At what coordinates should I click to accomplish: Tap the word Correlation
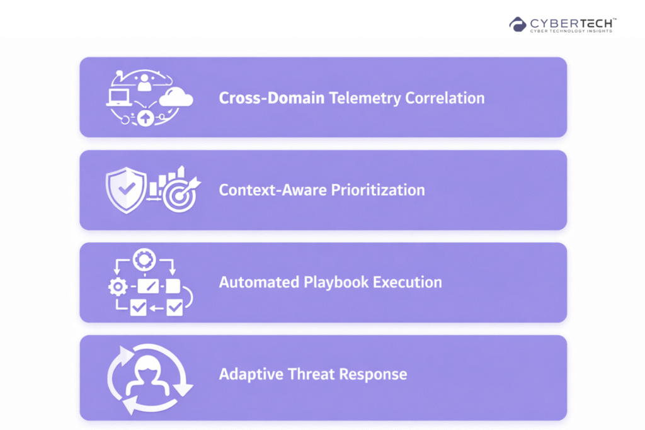[x=445, y=98]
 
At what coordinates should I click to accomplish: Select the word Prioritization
[x=378, y=190]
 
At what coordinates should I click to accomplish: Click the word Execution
[x=408, y=283]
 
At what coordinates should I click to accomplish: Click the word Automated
[x=259, y=283]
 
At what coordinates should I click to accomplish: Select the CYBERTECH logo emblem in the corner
[x=518, y=25]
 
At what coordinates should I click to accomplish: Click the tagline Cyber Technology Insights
[x=571, y=31]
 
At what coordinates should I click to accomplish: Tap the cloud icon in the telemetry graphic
[x=176, y=98]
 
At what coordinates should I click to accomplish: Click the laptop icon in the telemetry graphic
[x=119, y=98]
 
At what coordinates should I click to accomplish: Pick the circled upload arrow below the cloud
[x=146, y=118]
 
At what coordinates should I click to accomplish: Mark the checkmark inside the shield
[x=127, y=189]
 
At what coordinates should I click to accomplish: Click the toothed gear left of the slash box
[x=118, y=286]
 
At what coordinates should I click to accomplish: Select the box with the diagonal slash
[x=148, y=286]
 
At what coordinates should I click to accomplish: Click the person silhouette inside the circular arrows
[x=148, y=376]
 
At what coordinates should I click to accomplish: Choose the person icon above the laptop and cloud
[x=144, y=82]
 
